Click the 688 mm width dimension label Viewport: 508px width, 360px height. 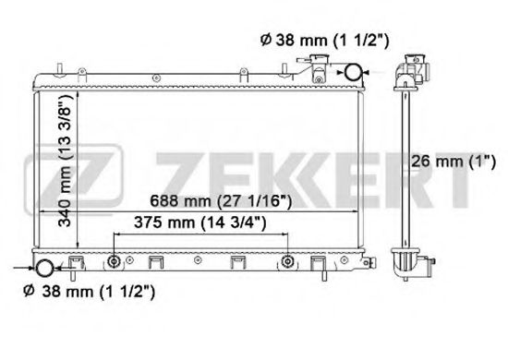coord(221,201)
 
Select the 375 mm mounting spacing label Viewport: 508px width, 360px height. coord(200,222)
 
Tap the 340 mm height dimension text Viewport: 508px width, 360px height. coord(64,161)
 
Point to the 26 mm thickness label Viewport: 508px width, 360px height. coord(454,162)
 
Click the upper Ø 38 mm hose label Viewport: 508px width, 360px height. coord(324,40)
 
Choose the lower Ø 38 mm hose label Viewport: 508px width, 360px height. coord(89,291)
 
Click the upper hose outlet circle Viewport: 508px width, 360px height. coord(353,72)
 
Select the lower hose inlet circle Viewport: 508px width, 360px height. coord(44,268)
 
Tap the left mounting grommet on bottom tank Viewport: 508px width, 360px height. coord(114,261)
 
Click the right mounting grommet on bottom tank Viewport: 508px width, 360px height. coord(287,261)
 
